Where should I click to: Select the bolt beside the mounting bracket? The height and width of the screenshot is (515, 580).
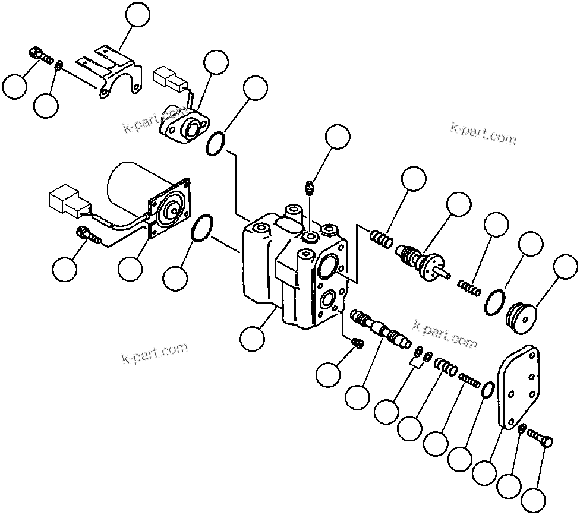coord(40,55)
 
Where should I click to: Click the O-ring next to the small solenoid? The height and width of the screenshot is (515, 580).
coord(216,144)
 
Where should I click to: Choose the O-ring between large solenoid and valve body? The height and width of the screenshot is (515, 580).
coord(201,229)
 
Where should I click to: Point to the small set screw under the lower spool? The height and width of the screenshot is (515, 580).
coord(358,343)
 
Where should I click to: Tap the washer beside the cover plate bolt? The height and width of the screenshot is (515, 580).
coord(521,429)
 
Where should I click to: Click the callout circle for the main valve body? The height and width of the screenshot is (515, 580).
coord(252,339)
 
